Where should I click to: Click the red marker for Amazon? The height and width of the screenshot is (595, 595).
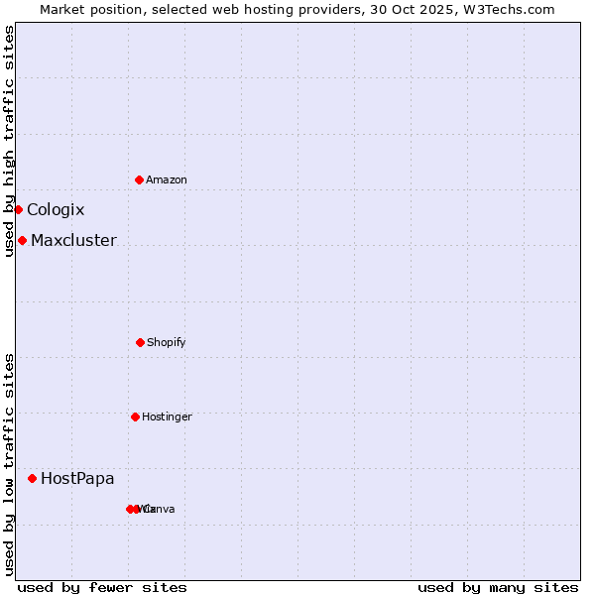(x=139, y=179)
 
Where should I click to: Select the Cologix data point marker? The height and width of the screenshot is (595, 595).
(x=18, y=209)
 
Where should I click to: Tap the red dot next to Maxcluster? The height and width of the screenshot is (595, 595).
(x=22, y=240)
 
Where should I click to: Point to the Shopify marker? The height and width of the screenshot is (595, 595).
(x=140, y=342)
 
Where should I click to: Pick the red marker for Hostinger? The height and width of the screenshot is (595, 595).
(x=135, y=416)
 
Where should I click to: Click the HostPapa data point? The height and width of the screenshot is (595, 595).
(x=32, y=478)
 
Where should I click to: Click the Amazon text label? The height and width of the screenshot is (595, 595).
(x=167, y=179)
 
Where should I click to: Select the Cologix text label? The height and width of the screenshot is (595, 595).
(x=56, y=209)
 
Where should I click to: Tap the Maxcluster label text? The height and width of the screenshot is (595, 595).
(x=73, y=240)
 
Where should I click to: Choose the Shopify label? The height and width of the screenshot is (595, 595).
(x=167, y=342)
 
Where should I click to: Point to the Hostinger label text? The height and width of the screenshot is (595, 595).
(x=167, y=416)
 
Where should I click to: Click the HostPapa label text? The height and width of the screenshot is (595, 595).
(x=77, y=478)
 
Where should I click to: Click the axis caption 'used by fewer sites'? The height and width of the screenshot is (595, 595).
(x=102, y=587)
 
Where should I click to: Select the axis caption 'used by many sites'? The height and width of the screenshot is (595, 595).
(x=498, y=587)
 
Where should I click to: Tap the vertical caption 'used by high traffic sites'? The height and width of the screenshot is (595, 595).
(x=9, y=140)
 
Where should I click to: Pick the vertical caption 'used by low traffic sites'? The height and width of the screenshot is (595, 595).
(x=9, y=464)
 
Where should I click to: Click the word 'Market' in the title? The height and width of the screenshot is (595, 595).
(x=63, y=9)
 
